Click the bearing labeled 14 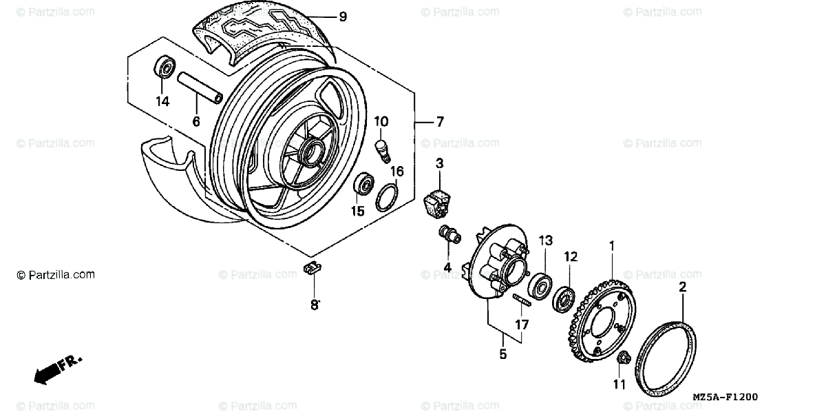click(x=163, y=68)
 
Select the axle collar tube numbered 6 click(x=200, y=88)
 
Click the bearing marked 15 click(x=362, y=185)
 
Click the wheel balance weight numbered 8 click(x=313, y=269)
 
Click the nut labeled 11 click(x=624, y=358)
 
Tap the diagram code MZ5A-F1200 click(x=725, y=398)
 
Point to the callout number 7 click(x=439, y=122)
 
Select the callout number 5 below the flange click(x=502, y=355)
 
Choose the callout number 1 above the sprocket click(x=611, y=245)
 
